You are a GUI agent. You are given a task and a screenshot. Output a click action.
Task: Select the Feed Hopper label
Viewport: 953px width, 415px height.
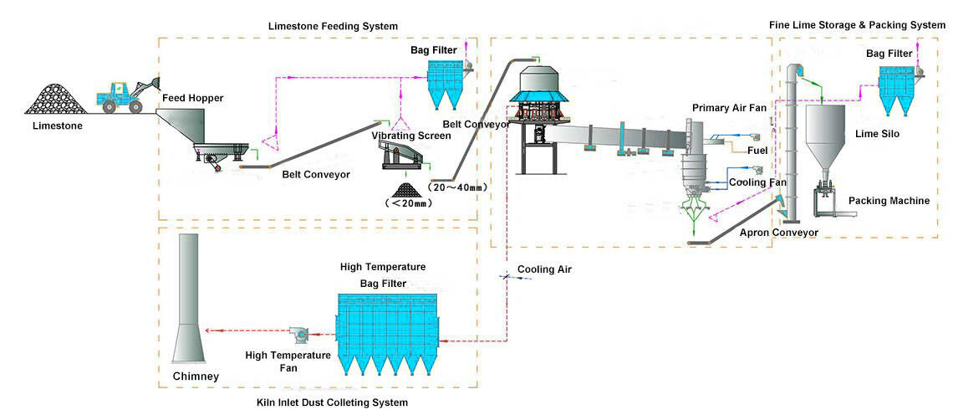[193, 98]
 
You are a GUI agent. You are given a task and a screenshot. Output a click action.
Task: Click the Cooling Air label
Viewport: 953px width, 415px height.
[544, 269]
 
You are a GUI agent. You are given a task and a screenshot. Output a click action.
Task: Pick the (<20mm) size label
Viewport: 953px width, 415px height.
[406, 202]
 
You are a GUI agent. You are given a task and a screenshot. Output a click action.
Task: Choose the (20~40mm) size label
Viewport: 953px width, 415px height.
[456, 187]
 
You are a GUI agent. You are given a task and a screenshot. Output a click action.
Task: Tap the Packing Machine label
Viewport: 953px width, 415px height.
[889, 201]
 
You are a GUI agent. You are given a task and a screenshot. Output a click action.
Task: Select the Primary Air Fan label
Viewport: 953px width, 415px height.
[730, 108]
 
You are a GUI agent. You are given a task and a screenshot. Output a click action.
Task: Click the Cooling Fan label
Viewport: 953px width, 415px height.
[757, 182]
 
